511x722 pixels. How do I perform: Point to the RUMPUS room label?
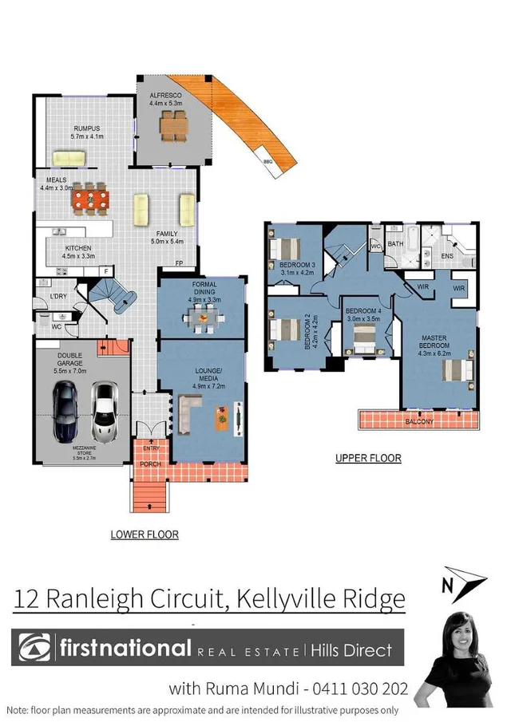85,128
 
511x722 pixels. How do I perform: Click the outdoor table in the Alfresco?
172,124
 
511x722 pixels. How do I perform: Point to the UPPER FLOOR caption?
369,459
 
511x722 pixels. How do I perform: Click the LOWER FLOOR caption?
145,535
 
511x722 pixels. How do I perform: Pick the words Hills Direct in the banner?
351,649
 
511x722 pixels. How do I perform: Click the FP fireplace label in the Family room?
180,263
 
